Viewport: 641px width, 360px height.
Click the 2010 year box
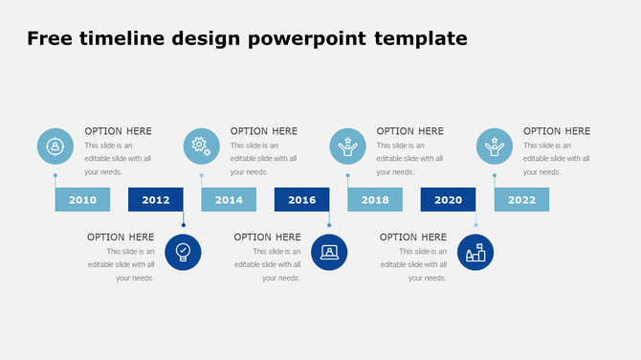coord(82,199)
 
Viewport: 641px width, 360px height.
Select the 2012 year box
coord(156,199)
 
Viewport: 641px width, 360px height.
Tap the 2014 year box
coord(229,199)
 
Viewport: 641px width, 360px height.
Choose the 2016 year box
coord(301,199)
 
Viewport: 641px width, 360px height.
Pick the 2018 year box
coord(375,199)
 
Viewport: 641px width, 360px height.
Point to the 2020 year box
coord(448,199)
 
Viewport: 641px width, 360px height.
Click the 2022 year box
coord(521,199)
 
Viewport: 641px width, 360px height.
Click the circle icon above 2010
coord(55,146)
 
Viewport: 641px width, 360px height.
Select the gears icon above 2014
coord(201,146)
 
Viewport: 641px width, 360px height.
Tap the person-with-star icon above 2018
coord(347,146)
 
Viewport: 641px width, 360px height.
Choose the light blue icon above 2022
coord(494,146)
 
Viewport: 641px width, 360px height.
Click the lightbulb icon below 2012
coord(183,252)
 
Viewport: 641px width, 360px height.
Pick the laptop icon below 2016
coord(329,252)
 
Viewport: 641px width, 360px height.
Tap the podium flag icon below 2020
coord(475,252)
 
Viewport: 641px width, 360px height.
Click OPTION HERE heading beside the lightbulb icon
coord(121,236)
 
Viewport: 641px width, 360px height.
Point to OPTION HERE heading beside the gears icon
coord(264,130)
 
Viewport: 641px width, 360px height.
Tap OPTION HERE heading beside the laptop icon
coord(267,236)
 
